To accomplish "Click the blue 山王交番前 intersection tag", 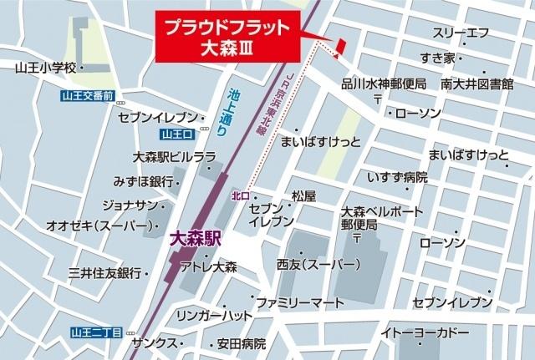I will [93, 96].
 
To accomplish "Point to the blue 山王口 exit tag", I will [177, 134].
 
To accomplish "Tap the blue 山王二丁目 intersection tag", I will [97, 332].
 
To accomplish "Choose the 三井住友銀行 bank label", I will [104, 273].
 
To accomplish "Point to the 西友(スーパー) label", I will [319, 266].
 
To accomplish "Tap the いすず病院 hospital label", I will [397, 177].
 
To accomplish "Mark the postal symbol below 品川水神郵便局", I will [378, 98].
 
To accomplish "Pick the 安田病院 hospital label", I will [242, 343].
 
